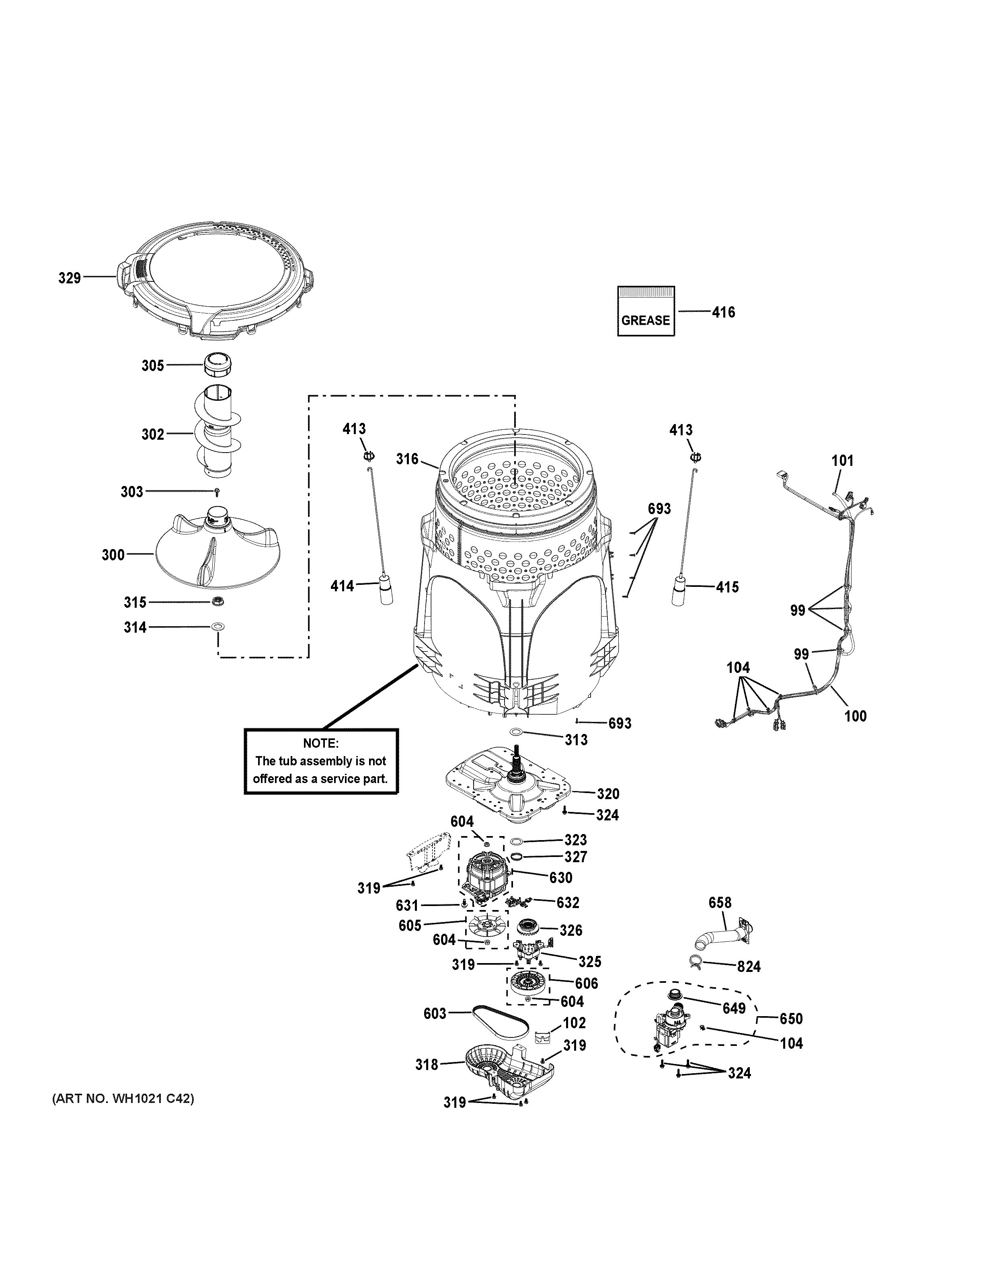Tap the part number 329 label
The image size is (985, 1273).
[x=70, y=278]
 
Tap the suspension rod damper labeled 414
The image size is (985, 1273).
[x=385, y=589]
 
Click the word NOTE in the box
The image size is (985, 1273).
[x=320, y=743]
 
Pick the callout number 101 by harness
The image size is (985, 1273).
[x=842, y=461]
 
